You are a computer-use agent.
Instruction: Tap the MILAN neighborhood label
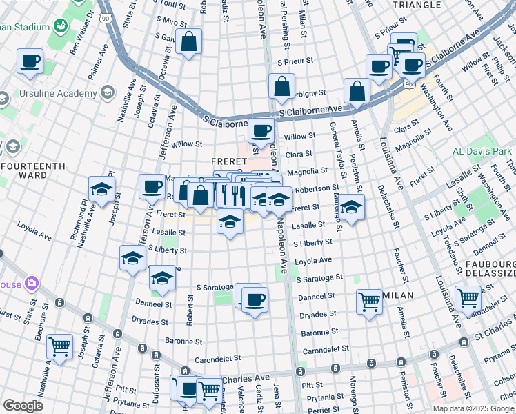point(398,295)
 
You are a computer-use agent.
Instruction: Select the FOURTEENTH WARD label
point(32,170)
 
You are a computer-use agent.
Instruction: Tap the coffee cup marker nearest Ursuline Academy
point(30,61)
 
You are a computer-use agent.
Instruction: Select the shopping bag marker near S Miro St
point(188,42)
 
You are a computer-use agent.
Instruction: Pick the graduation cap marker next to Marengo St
point(351,207)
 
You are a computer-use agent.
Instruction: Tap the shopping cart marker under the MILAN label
point(370,302)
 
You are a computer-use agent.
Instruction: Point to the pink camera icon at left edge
point(30,283)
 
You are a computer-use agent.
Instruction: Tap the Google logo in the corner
point(23,406)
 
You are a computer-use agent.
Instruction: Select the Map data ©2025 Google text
point(473,408)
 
